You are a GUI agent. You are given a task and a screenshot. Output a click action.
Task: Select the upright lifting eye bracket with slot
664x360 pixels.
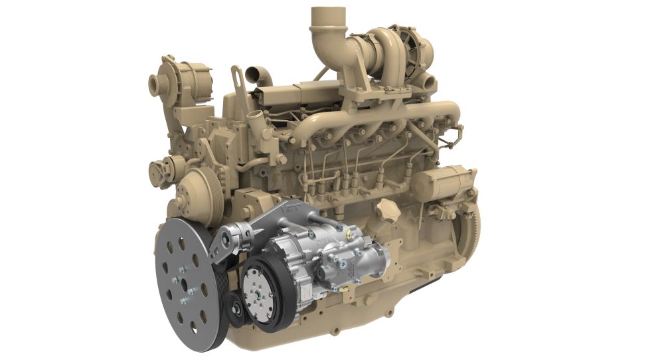click(237, 80)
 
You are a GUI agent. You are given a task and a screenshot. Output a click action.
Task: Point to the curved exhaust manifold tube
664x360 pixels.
click(372, 120)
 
